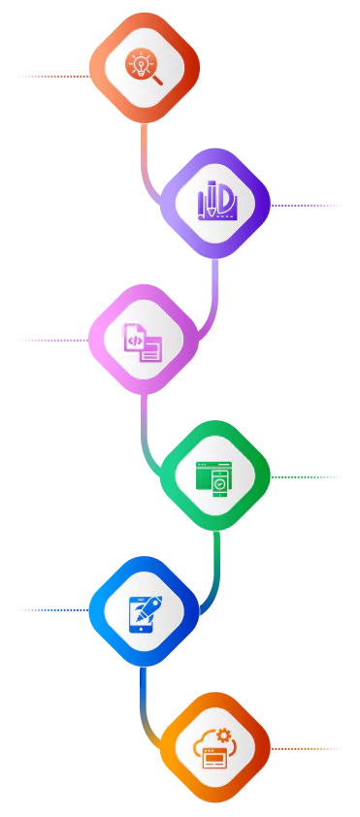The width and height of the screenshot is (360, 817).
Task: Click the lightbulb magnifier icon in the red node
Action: point(144,66)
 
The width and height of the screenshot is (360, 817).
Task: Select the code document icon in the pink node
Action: point(143,341)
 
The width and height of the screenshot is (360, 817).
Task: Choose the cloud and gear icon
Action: point(213,748)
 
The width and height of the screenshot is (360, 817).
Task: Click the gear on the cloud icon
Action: point(223,735)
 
